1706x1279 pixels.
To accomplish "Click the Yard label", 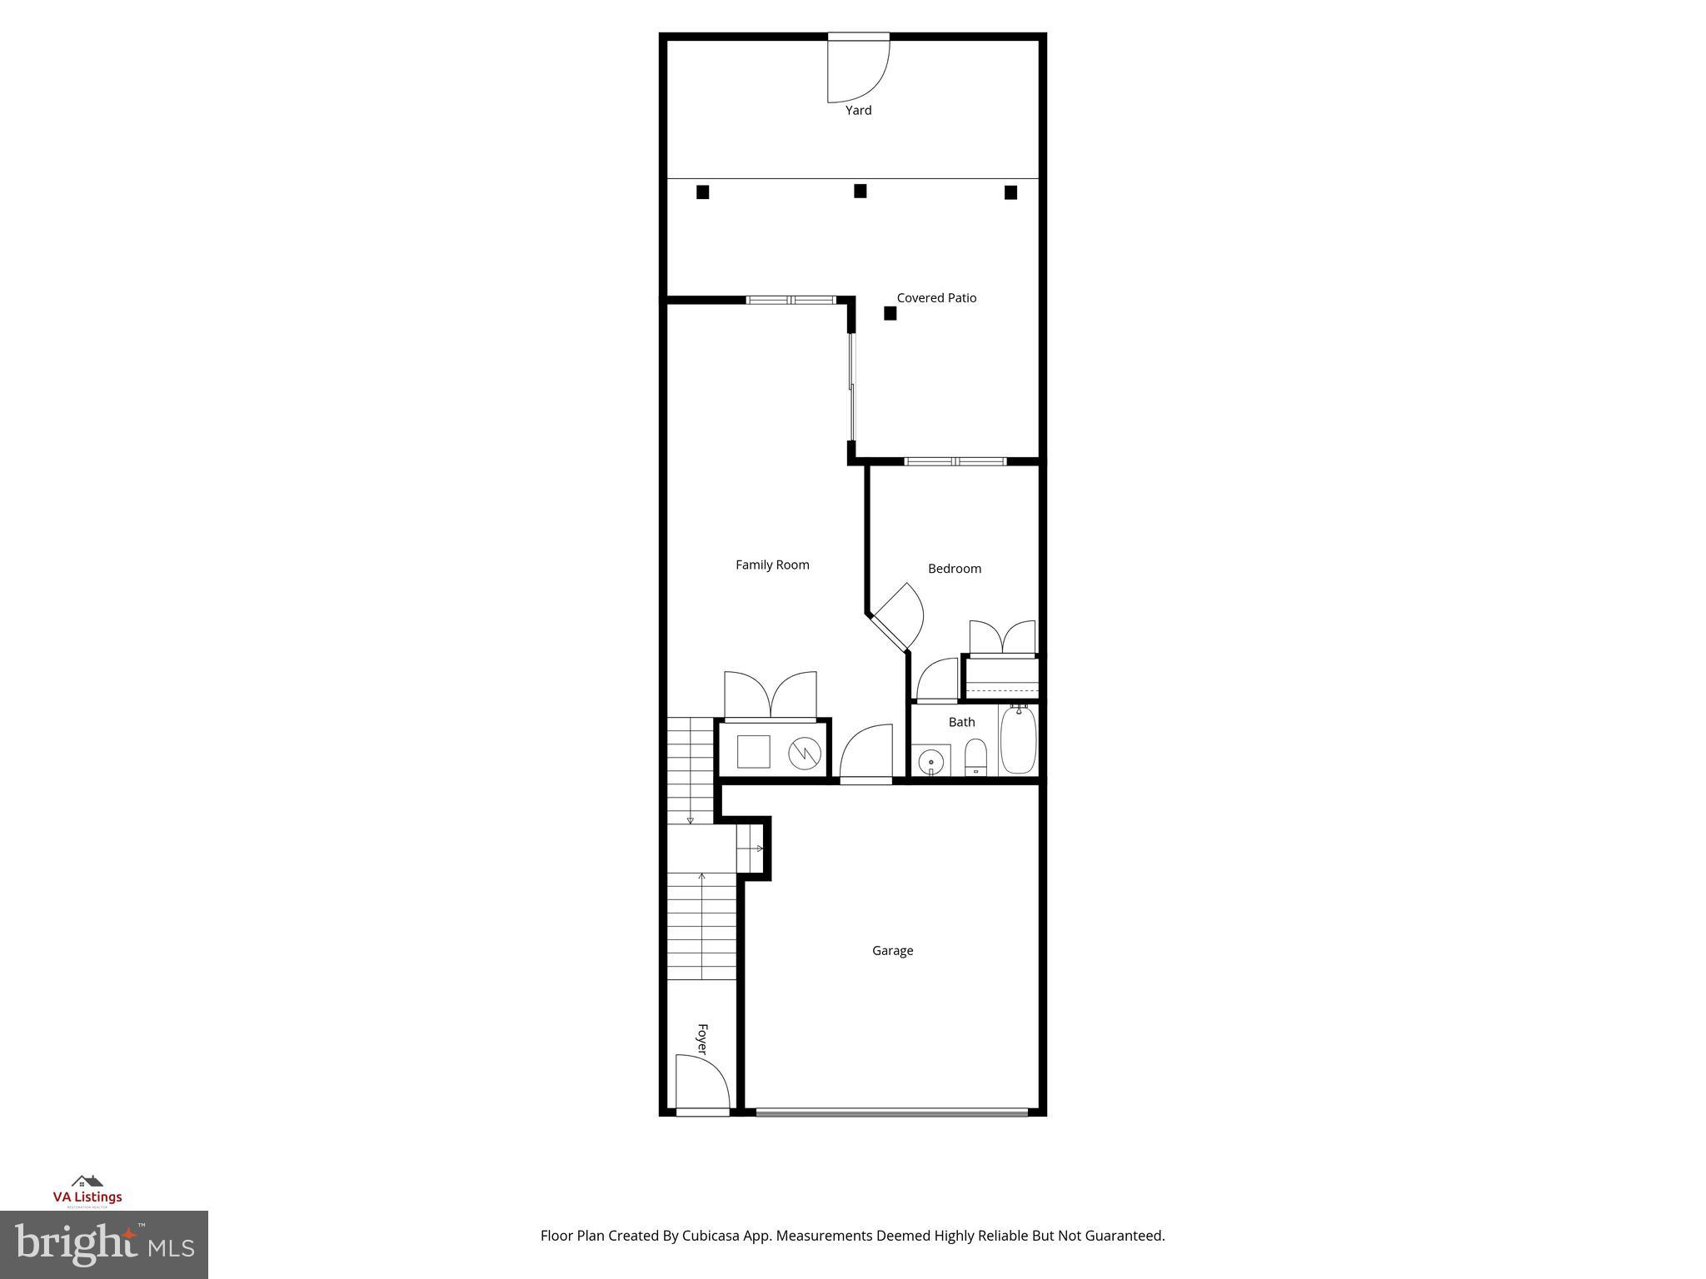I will (858, 110).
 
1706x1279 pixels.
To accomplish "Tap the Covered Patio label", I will (936, 297).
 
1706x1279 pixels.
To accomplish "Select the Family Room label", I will (772, 565).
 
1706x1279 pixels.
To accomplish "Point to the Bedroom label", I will (955, 569).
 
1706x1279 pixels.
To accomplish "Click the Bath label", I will (961, 722).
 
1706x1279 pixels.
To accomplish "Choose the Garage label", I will (892, 950).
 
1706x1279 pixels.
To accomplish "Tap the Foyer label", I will (701, 1039).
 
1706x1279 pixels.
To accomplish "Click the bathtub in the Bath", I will (1018, 739).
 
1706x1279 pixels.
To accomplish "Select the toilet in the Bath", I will (975, 758).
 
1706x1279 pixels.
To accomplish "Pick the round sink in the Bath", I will (930, 762).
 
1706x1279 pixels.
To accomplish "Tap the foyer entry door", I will (701, 1082).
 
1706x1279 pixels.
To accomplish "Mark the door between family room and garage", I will (866, 754).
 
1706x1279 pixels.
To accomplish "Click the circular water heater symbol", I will (805, 754).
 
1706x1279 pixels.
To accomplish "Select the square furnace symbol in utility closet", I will (753, 752).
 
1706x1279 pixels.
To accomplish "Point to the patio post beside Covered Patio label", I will (890, 313).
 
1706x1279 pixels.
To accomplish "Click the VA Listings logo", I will (87, 1191).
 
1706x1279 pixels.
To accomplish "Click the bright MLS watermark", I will (104, 1245).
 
